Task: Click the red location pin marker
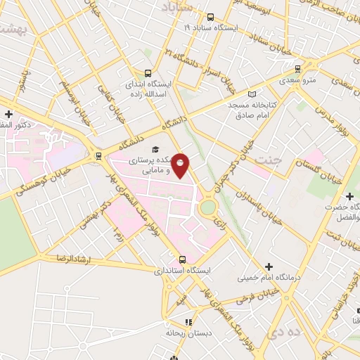pyautogui.click(x=181, y=165)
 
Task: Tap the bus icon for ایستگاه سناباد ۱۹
pyautogui.click(x=211, y=16)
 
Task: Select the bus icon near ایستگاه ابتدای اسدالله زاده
pyautogui.click(x=148, y=72)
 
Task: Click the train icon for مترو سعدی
pyautogui.click(x=298, y=69)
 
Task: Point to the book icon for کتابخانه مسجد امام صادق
pyautogui.click(x=253, y=94)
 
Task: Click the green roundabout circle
pyautogui.click(x=208, y=208)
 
